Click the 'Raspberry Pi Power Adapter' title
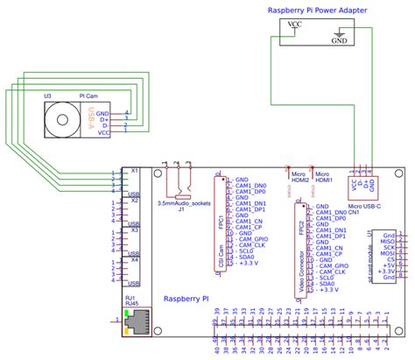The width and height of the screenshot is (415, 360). coord(316,10)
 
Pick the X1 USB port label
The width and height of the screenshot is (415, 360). coord(134,170)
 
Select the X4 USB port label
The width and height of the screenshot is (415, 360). coord(134,235)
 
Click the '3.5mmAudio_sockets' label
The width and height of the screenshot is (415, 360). coord(183,203)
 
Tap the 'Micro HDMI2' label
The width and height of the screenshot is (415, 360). coord(299,179)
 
